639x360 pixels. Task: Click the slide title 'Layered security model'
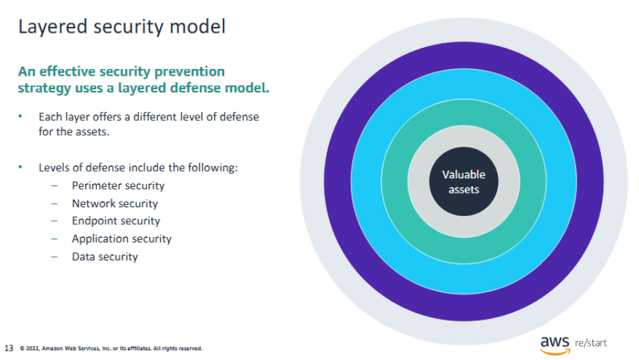click(122, 28)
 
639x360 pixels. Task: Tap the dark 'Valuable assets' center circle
click(464, 181)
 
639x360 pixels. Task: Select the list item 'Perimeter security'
click(118, 185)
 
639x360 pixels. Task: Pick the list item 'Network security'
click(115, 204)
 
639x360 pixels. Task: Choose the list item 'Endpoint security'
click(116, 220)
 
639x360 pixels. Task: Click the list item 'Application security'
click(122, 239)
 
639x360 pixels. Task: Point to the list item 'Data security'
click(105, 257)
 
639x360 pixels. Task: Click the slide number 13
click(9, 348)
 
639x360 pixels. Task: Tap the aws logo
click(555, 345)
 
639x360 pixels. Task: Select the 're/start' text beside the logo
click(590, 343)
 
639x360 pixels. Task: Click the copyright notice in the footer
click(111, 348)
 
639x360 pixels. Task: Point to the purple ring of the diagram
click(338, 181)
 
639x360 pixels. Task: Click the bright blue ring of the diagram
click(366, 181)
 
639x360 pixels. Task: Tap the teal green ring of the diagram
click(394, 181)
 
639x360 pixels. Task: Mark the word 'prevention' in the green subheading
click(189, 72)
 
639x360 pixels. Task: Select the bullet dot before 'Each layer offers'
click(20, 116)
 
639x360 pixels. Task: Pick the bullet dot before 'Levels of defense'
click(20, 167)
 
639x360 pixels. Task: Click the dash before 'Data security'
click(54, 257)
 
